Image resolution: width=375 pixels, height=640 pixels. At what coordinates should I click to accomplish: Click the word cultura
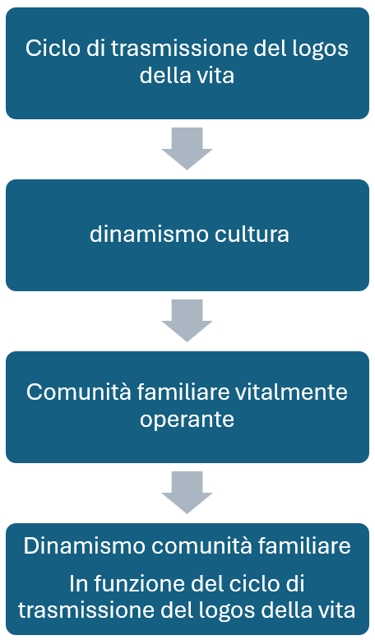click(252, 234)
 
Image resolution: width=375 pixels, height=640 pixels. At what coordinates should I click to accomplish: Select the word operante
click(187, 420)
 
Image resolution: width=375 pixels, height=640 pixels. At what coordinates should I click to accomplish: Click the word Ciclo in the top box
click(53, 49)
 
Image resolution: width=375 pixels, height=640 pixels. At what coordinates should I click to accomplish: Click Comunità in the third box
click(79, 392)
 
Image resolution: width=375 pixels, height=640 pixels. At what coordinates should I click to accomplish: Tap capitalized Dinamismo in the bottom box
click(85, 546)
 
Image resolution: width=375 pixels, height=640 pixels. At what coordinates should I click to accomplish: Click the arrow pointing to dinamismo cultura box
click(187, 149)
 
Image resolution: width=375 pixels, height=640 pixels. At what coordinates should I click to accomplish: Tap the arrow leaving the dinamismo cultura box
click(187, 320)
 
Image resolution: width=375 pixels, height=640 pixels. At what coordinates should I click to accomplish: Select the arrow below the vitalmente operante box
click(187, 493)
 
